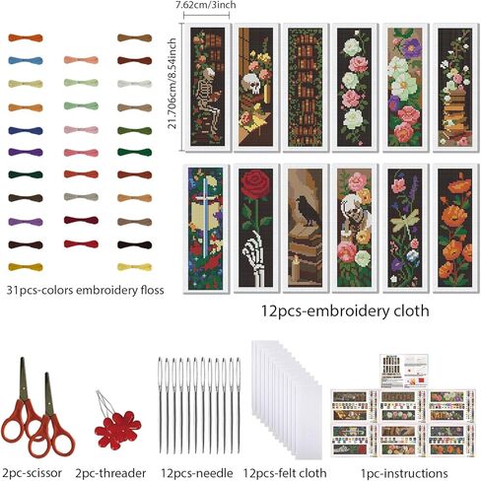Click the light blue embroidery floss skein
point(26,60)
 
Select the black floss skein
point(135,244)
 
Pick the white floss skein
point(135,84)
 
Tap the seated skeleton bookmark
point(207,87)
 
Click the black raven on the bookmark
point(308,210)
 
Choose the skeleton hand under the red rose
point(256,258)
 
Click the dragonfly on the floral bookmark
point(404,220)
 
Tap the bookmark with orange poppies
point(454,228)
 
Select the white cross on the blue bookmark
point(205,217)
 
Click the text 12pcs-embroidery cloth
point(345,310)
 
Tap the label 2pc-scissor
point(32,473)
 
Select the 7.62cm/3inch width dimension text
point(206,5)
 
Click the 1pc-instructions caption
point(404,473)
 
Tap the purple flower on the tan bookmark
point(412,48)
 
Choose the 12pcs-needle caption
point(197,473)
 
